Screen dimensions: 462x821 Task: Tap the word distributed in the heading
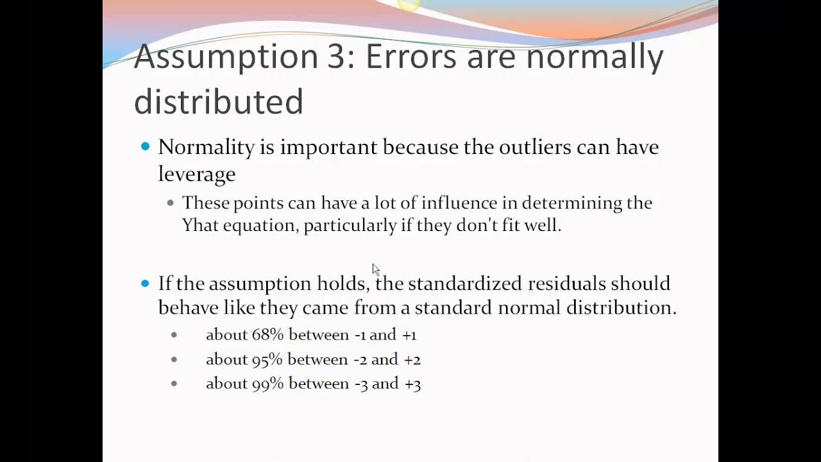click(x=218, y=101)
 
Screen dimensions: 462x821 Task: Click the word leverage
click(x=196, y=174)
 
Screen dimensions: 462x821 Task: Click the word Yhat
click(x=200, y=226)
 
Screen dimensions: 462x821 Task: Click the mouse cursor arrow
click(x=375, y=269)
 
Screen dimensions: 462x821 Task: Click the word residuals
click(x=566, y=284)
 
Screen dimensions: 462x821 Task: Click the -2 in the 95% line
click(x=360, y=360)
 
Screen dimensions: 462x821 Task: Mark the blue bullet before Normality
click(x=145, y=147)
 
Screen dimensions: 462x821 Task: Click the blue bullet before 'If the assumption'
click(x=145, y=283)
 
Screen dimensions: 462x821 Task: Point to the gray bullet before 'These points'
click(x=170, y=203)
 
